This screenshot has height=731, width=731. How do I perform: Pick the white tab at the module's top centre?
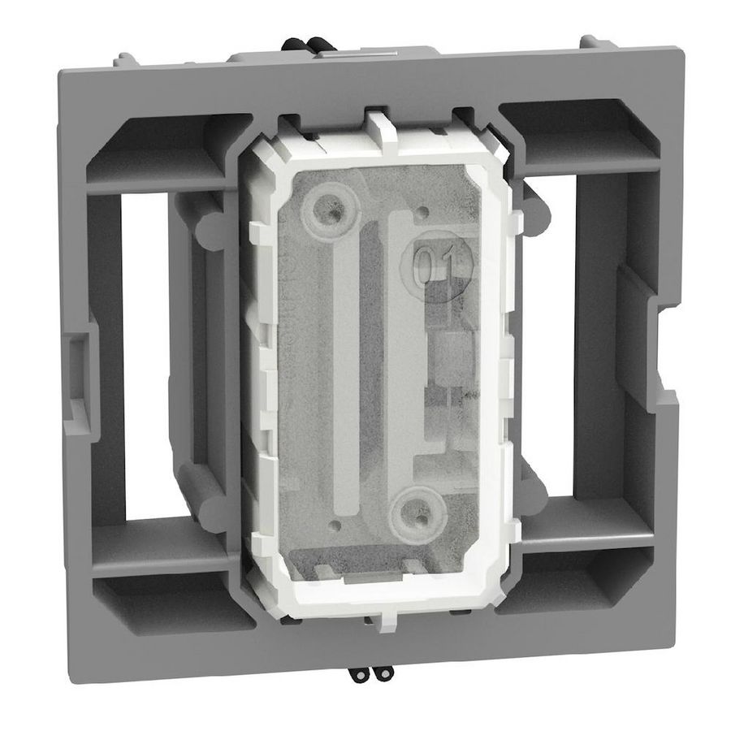pyautogui.click(x=380, y=130)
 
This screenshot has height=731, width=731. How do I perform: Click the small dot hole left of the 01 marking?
pyautogui.click(x=422, y=213)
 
